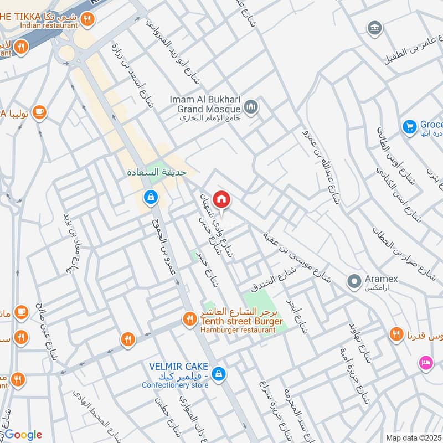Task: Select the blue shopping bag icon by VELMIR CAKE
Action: tap(219, 374)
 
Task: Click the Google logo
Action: tap(23, 434)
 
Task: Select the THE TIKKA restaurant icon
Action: tap(86, 20)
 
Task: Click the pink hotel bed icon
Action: tap(426, 363)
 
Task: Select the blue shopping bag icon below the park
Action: tap(150, 196)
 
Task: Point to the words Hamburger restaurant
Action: tap(238, 330)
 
